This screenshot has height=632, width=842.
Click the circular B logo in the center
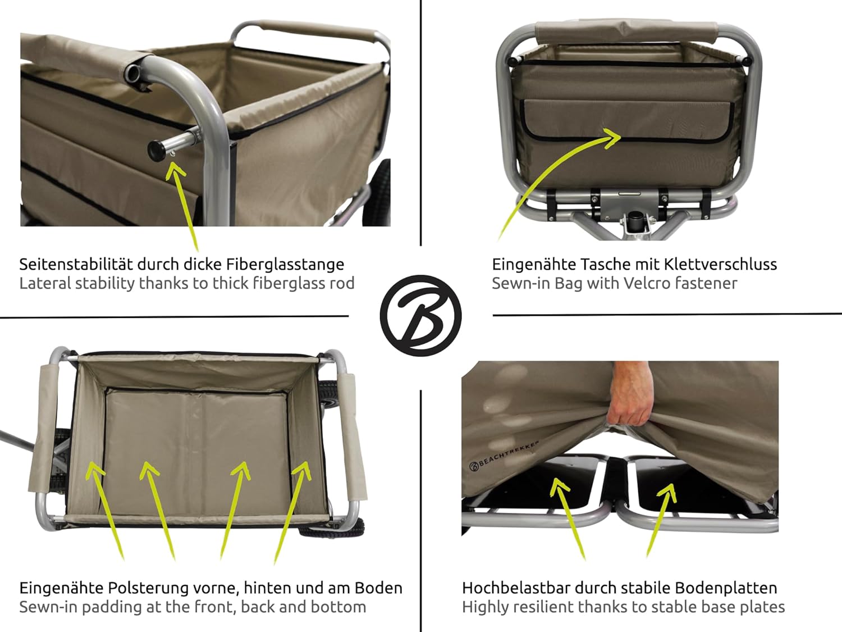(x=421, y=315)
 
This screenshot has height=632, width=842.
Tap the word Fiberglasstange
(x=285, y=264)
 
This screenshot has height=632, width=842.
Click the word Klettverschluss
(x=720, y=264)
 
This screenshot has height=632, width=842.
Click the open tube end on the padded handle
(x=134, y=71)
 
